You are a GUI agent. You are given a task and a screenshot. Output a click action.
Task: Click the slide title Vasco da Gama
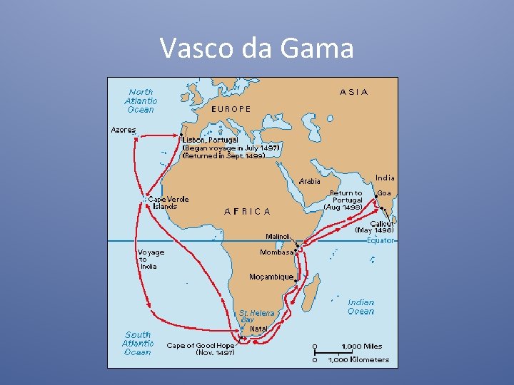tap(257, 48)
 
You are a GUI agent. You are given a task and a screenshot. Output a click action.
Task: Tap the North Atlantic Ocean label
tap(141, 101)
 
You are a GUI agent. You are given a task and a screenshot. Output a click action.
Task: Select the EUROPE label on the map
tap(231, 109)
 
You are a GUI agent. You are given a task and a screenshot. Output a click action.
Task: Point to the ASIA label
tap(354, 92)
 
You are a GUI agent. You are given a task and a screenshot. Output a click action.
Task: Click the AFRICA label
tap(247, 211)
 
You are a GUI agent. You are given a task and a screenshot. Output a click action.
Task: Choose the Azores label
tap(123, 130)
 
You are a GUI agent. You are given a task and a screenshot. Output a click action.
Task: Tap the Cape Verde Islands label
tap(168, 202)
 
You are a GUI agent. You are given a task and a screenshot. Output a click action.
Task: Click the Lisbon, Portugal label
tap(214, 140)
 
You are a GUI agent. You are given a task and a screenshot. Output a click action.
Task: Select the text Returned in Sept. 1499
tap(224, 155)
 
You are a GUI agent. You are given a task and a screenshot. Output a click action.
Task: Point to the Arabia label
tap(309, 181)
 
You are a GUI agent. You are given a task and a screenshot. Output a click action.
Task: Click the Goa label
tap(384, 193)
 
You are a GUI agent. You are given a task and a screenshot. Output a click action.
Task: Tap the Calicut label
tap(382, 223)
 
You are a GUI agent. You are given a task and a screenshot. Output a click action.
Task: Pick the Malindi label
tap(278, 236)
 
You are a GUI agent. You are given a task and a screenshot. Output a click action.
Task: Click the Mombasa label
tap(276, 252)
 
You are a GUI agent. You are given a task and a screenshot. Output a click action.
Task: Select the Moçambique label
tap(271, 276)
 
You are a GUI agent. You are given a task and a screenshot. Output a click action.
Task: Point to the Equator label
tap(380, 240)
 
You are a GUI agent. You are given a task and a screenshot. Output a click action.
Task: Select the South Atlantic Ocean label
tap(138, 343)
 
